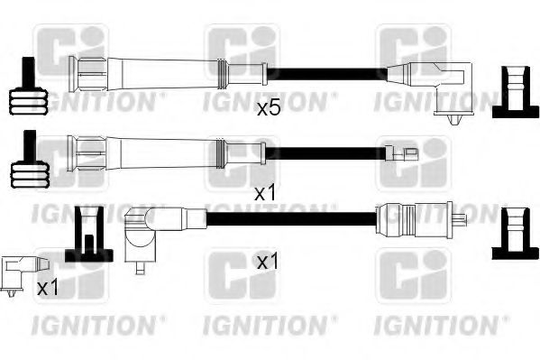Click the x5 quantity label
[x=269, y=108]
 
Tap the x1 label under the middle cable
[x=266, y=193]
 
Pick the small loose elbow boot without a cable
[x=19, y=273]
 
